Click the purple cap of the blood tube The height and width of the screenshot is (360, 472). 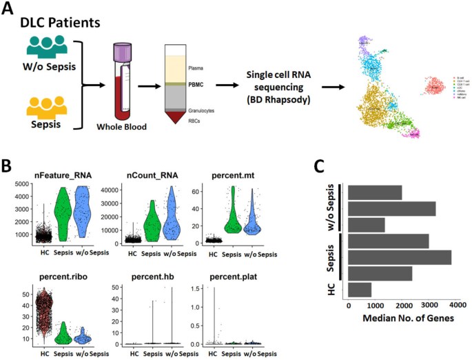(x=123, y=51)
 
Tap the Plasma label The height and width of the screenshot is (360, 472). (x=197, y=68)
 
